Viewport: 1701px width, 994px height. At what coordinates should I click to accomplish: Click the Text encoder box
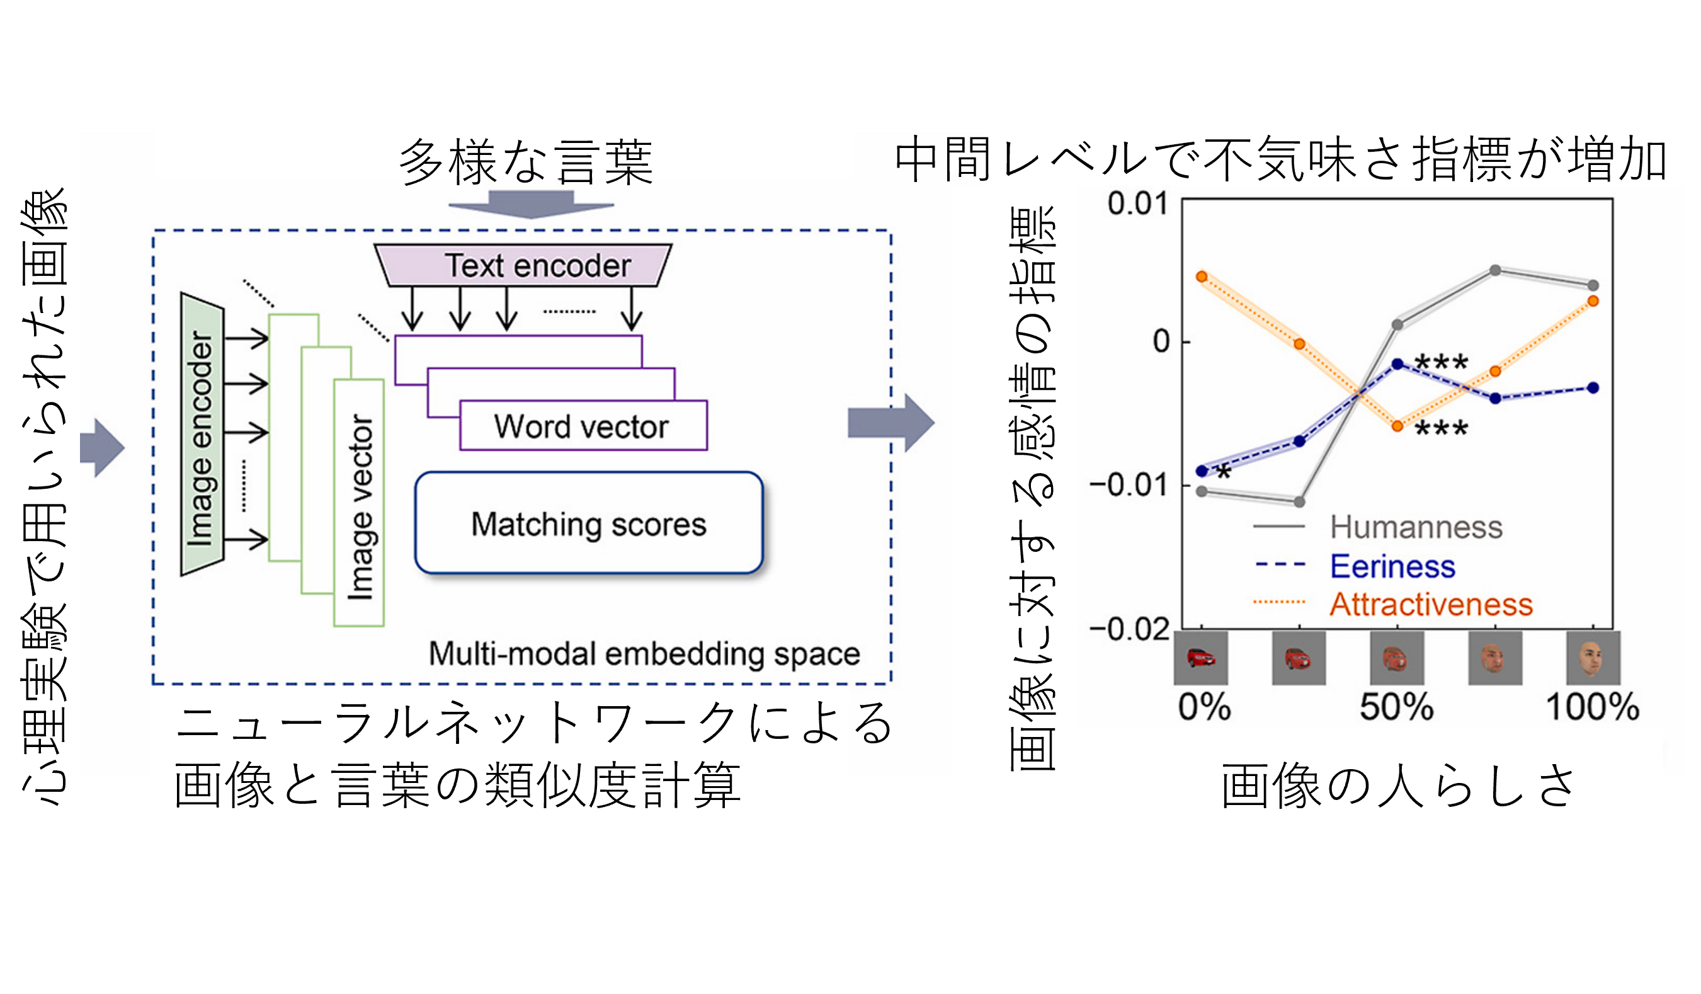point(523,265)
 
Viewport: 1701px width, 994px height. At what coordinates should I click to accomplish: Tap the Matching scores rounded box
point(589,523)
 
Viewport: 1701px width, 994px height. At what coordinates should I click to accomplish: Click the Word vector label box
point(583,426)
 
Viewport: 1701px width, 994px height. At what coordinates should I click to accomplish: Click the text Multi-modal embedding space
point(645,654)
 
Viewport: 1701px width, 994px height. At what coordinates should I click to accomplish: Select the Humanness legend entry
point(1416,527)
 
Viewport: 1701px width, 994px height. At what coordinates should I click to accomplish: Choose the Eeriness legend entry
point(1392,566)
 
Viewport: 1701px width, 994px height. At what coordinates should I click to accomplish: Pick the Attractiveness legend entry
point(1430,604)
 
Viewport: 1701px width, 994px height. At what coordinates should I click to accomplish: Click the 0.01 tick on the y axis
point(1137,203)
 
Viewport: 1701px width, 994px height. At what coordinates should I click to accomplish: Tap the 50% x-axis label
point(1397,707)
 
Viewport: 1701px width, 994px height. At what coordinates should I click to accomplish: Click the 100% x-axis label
point(1592,707)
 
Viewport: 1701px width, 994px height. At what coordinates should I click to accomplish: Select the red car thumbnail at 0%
point(1201,658)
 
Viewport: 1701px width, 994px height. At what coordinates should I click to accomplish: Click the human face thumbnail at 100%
point(1593,658)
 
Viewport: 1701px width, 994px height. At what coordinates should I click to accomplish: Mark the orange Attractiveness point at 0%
point(1202,276)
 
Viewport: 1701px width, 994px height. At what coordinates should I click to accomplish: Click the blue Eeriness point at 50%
point(1397,364)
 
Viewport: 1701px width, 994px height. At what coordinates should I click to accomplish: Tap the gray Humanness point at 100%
point(1593,285)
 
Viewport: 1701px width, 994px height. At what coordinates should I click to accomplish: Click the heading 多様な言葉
point(526,162)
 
